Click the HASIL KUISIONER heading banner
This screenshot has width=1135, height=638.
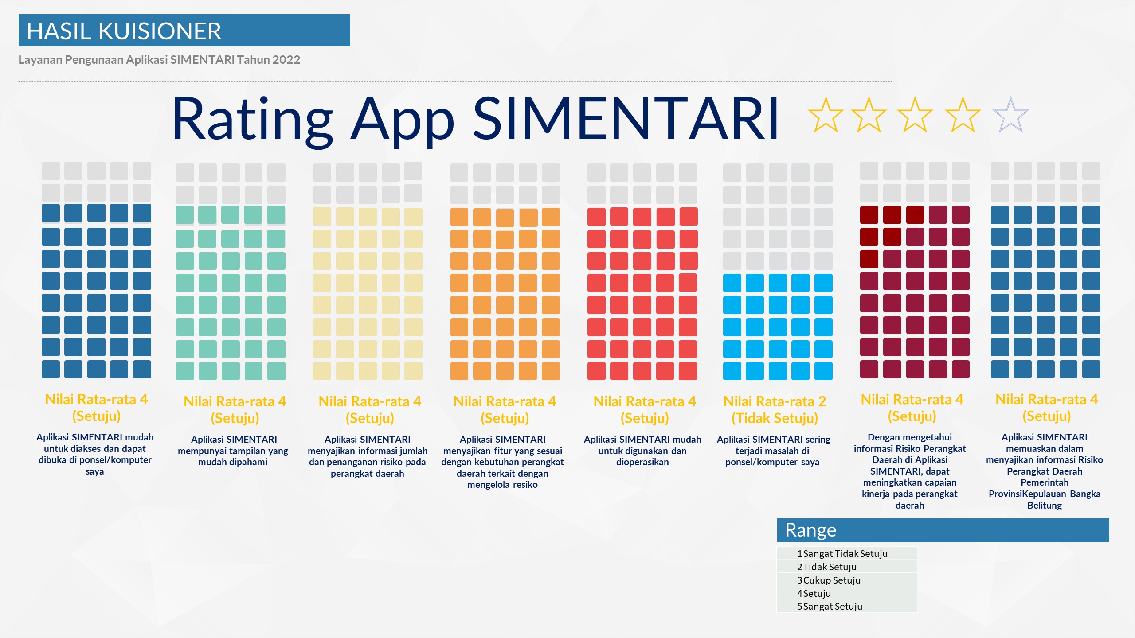(184, 30)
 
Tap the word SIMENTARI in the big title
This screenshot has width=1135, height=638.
(626, 119)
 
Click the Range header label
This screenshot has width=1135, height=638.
(810, 530)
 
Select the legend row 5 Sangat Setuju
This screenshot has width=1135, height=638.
(830, 606)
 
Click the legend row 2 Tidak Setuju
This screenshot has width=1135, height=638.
(827, 567)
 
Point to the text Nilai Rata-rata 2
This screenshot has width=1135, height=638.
(775, 401)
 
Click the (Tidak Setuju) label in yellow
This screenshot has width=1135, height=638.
(775, 418)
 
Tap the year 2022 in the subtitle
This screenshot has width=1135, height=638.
(286, 60)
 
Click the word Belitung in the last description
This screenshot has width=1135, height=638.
(1045, 506)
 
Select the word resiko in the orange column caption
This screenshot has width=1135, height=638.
(525, 485)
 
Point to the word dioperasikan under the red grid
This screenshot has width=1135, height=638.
(642, 462)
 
